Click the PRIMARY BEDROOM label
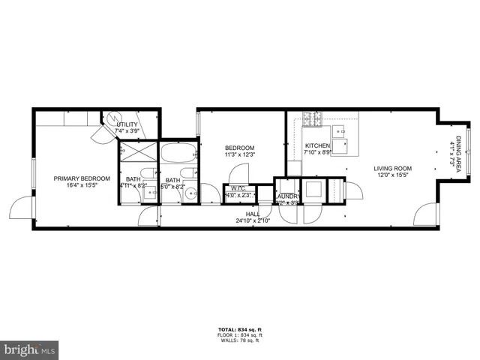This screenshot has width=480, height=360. coord(82,178)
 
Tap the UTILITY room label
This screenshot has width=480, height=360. coord(127,124)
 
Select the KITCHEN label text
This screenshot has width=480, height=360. coord(316,145)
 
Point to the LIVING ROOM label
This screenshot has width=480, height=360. coord(394,168)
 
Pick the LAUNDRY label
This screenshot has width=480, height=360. coord(287,196)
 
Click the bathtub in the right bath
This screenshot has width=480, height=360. coord(178,153)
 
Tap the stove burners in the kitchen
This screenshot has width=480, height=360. coord(311,117)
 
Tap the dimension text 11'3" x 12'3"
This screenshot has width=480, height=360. coord(240,155)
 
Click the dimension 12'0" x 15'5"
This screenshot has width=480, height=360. coord(394,175)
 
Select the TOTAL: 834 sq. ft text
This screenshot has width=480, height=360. coord(240,328)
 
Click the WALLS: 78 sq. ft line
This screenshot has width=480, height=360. coord(240,340)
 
